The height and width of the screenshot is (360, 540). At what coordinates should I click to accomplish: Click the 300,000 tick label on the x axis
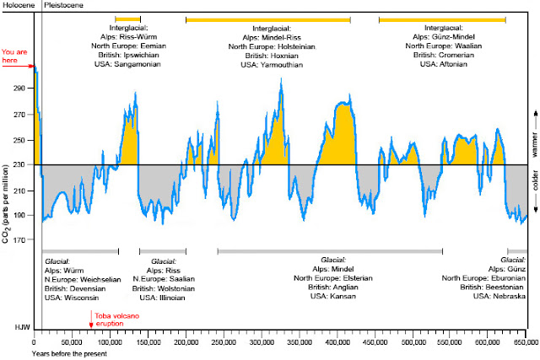(x=262, y=343)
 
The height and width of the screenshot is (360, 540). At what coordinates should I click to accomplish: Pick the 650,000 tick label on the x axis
(x=526, y=343)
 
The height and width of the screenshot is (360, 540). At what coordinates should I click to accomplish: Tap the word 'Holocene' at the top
(x=17, y=6)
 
